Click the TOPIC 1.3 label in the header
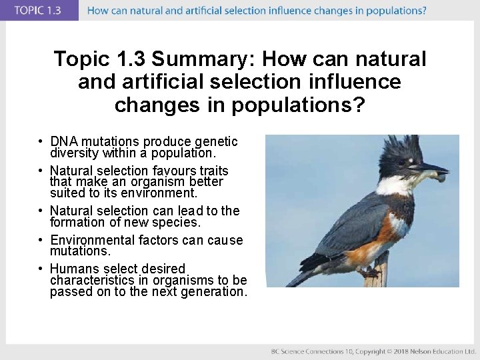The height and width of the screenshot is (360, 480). tap(39, 11)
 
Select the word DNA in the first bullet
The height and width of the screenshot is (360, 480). tap(64, 141)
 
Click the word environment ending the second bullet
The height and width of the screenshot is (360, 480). tap(163, 193)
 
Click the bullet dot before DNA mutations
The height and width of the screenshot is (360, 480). tap(41, 142)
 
